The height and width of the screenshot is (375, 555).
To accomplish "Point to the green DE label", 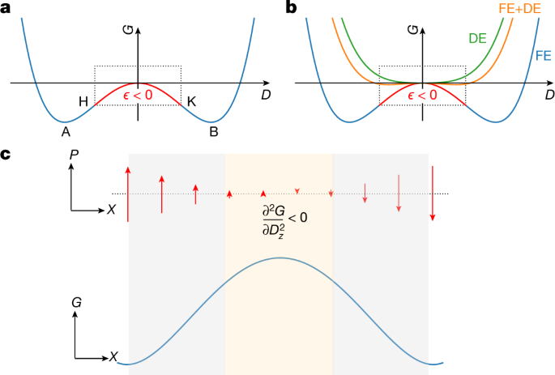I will [476, 37].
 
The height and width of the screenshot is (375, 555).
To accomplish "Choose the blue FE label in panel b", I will [544, 58].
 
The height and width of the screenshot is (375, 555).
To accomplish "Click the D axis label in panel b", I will [549, 95].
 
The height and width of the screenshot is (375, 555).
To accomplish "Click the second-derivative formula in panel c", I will [280, 218].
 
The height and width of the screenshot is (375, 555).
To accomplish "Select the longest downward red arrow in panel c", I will [433, 192].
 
